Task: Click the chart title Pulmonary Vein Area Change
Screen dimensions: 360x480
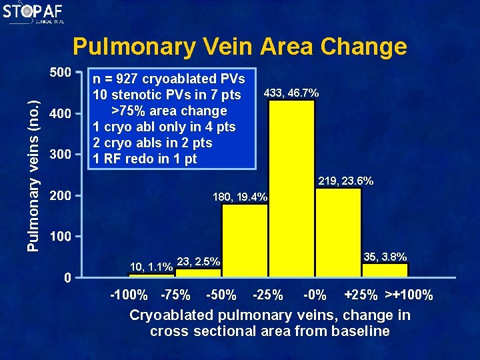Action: pos(239,47)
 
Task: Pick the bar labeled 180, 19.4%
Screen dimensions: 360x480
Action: pos(245,240)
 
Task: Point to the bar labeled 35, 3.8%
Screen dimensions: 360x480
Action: pos(385,269)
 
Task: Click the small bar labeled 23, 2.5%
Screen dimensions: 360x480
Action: pos(198,272)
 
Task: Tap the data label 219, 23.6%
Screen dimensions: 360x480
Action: pos(346,181)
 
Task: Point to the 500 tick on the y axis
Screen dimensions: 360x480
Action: pos(60,71)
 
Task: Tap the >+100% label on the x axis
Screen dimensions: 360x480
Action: pos(409,295)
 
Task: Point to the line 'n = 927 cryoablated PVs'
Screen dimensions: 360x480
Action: pos(169,79)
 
